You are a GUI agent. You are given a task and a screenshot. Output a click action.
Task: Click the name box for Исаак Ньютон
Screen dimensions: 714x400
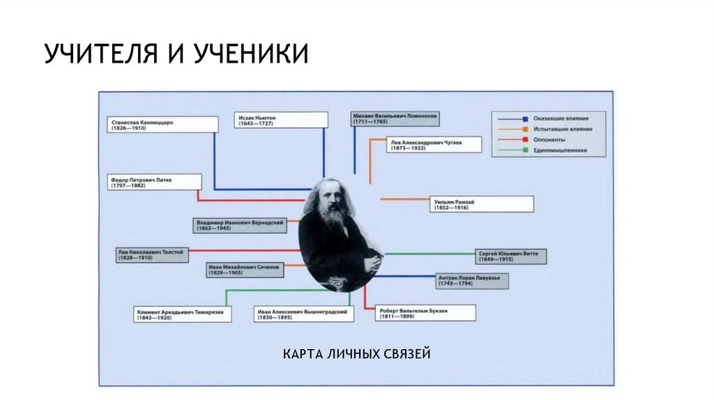[x=282, y=121]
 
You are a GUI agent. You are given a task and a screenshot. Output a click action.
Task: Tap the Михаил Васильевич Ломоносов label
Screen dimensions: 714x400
[x=395, y=117]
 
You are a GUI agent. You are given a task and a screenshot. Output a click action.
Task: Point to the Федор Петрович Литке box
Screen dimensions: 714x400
[x=155, y=182]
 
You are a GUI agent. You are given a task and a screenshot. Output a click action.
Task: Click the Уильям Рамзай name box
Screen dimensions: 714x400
[x=480, y=203]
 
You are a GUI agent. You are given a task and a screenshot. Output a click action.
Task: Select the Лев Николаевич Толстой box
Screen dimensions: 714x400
[x=152, y=254]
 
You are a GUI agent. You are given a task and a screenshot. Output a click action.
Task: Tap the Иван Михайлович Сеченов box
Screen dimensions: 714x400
[x=244, y=270]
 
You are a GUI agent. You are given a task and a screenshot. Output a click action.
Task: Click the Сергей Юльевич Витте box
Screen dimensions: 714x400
[x=510, y=256]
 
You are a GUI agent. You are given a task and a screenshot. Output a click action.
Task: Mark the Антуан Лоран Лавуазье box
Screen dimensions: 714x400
[x=471, y=280]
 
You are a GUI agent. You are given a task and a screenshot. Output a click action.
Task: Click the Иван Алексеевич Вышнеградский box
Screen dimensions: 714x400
[x=303, y=314]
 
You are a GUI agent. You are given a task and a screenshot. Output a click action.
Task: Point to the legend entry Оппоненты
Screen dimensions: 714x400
[x=548, y=139]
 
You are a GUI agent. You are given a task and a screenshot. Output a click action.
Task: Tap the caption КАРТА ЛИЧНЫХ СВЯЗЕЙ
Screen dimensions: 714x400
[x=357, y=355]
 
